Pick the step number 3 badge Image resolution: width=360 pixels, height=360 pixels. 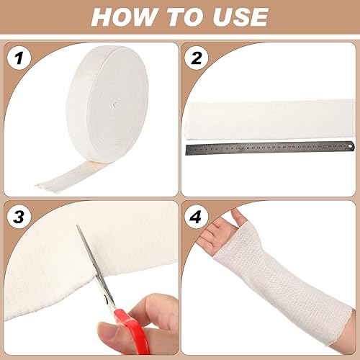pos(22,217)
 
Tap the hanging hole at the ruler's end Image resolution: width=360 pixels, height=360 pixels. pos(351,145)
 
